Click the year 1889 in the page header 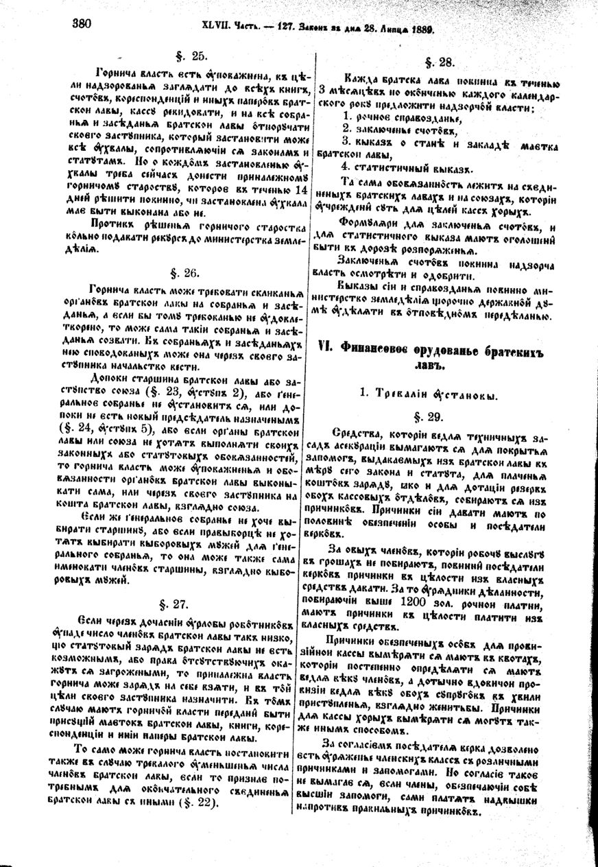(427, 29)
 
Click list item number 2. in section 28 (347, 127)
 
